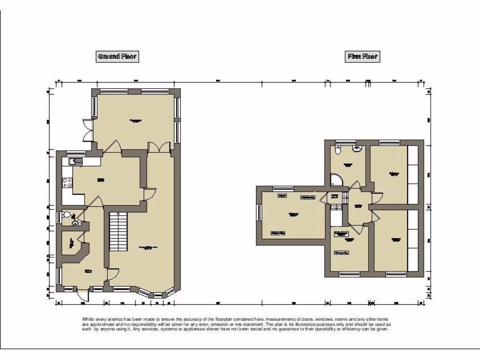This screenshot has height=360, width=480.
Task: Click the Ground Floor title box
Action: pyautogui.click(x=117, y=57)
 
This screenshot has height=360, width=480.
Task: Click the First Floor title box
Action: pyautogui.click(x=362, y=57)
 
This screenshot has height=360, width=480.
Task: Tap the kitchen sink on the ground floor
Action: pyautogui.click(x=75, y=162)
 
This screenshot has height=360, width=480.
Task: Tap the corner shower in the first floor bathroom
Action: pyautogui.click(x=336, y=180)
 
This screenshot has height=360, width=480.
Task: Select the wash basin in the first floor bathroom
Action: pyautogui.click(x=358, y=149)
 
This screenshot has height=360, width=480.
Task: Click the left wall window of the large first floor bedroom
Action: pyautogui.click(x=258, y=214)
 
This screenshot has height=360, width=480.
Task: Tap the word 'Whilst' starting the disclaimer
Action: pyautogui.click(x=88, y=319)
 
